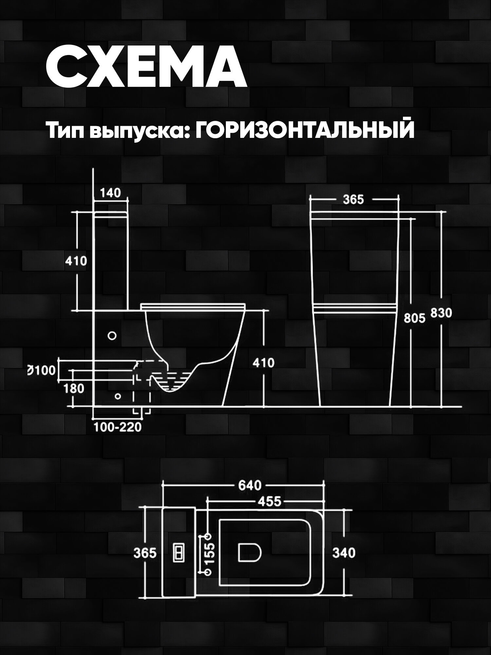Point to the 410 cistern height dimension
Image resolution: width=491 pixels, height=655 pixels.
[x=76, y=261]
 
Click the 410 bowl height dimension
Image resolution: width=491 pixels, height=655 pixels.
[x=264, y=363]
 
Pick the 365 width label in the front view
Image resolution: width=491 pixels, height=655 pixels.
[x=354, y=199]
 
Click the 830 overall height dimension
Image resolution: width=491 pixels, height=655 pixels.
[x=441, y=313]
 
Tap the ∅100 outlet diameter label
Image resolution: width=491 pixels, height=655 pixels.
[x=41, y=371]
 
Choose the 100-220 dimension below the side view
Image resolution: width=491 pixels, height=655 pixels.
[x=118, y=427]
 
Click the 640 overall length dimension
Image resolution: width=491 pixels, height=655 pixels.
[x=250, y=485]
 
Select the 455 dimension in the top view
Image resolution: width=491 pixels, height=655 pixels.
[x=269, y=501]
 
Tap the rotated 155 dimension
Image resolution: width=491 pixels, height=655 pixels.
[x=210, y=553]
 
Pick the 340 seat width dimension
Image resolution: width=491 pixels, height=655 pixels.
[x=344, y=553]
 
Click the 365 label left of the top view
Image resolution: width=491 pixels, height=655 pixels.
[x=145, y=553]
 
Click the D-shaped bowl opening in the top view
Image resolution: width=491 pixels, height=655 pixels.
[x=248, y=553]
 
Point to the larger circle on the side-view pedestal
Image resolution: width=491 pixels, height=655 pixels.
[x=112, y=336]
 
